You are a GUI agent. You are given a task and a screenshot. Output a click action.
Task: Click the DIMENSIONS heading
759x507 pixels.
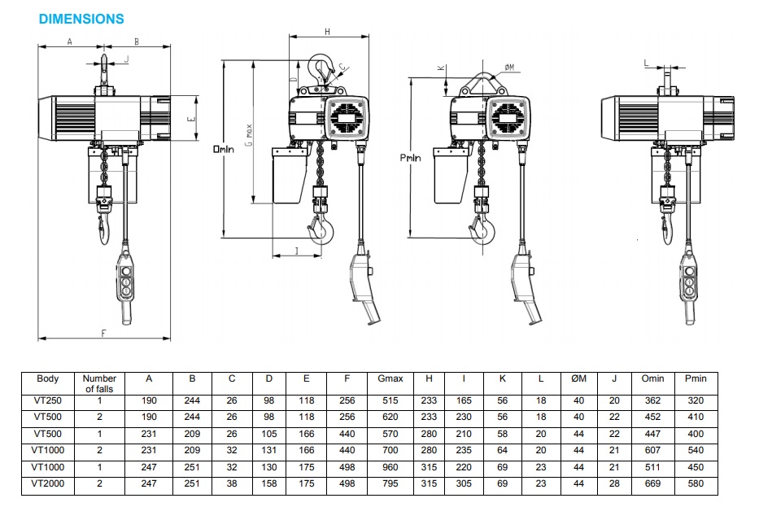click(x=81, y=19)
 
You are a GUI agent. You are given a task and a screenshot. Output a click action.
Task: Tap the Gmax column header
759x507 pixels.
click(x=390, y=378)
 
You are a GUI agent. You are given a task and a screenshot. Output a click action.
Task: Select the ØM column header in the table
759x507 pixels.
click(x=578, y=378)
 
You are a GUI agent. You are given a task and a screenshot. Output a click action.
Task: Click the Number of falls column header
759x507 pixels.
click(x=99, y=383)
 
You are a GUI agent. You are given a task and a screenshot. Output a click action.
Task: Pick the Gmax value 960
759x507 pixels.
click(x=390, y=467)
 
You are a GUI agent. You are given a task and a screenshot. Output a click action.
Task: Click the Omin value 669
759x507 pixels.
click(x=652, y=483)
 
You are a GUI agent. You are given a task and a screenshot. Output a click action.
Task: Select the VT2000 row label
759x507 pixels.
click(x=47, y=483)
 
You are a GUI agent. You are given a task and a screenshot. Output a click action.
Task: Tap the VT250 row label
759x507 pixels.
click(x=47, y=400)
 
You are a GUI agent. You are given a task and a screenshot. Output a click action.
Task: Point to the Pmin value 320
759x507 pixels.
click(x=696, y=400)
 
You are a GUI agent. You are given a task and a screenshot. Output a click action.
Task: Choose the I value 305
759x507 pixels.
click(x=464, y=483)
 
